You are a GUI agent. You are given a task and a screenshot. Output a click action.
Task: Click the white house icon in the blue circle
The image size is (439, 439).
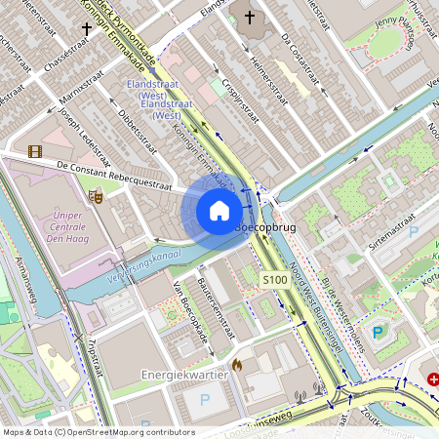click(x=219, y=211)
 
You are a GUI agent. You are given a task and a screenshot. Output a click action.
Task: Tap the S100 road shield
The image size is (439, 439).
click(x=275, y=280)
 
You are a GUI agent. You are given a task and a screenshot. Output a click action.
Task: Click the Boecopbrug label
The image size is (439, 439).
click(x=266, y=226)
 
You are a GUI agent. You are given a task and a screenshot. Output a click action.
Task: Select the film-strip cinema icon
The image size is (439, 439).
click(x=36, y=151)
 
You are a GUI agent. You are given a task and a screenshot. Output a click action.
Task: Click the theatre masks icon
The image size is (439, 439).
click(x=96, y=196)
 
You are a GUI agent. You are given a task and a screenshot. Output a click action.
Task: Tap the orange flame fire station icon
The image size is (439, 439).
click(x=236, y=365)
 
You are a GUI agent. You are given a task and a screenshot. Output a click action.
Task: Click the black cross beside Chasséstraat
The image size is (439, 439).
click(x=87, y=30)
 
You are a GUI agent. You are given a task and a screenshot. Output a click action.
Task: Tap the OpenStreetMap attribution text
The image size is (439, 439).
click(x=98, y=432)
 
